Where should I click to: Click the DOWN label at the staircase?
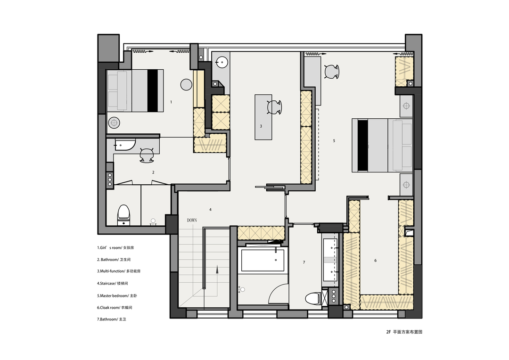[x=192, y=221]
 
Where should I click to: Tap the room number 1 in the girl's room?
[x=171, y=102]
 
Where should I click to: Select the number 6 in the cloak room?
[x=376, y=261]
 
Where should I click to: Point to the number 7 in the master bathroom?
[x=304, y=262]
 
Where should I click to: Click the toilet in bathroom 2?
[x=123, y=215]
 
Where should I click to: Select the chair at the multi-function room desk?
[x=274, y=107]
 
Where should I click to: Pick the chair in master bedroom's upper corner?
[x=331, y=72]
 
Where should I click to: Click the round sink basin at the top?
[x=222, y=62]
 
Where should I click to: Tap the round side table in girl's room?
[x=186, y=85]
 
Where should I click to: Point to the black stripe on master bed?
[x=363, y=146]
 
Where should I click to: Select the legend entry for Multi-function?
[x=119, y=271]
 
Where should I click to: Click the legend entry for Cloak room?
[x=115, y=307]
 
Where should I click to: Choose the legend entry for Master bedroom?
[x=117, y=296]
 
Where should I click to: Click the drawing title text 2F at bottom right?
[x=388, y=332]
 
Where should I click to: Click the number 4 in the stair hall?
[x=210, y=210]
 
